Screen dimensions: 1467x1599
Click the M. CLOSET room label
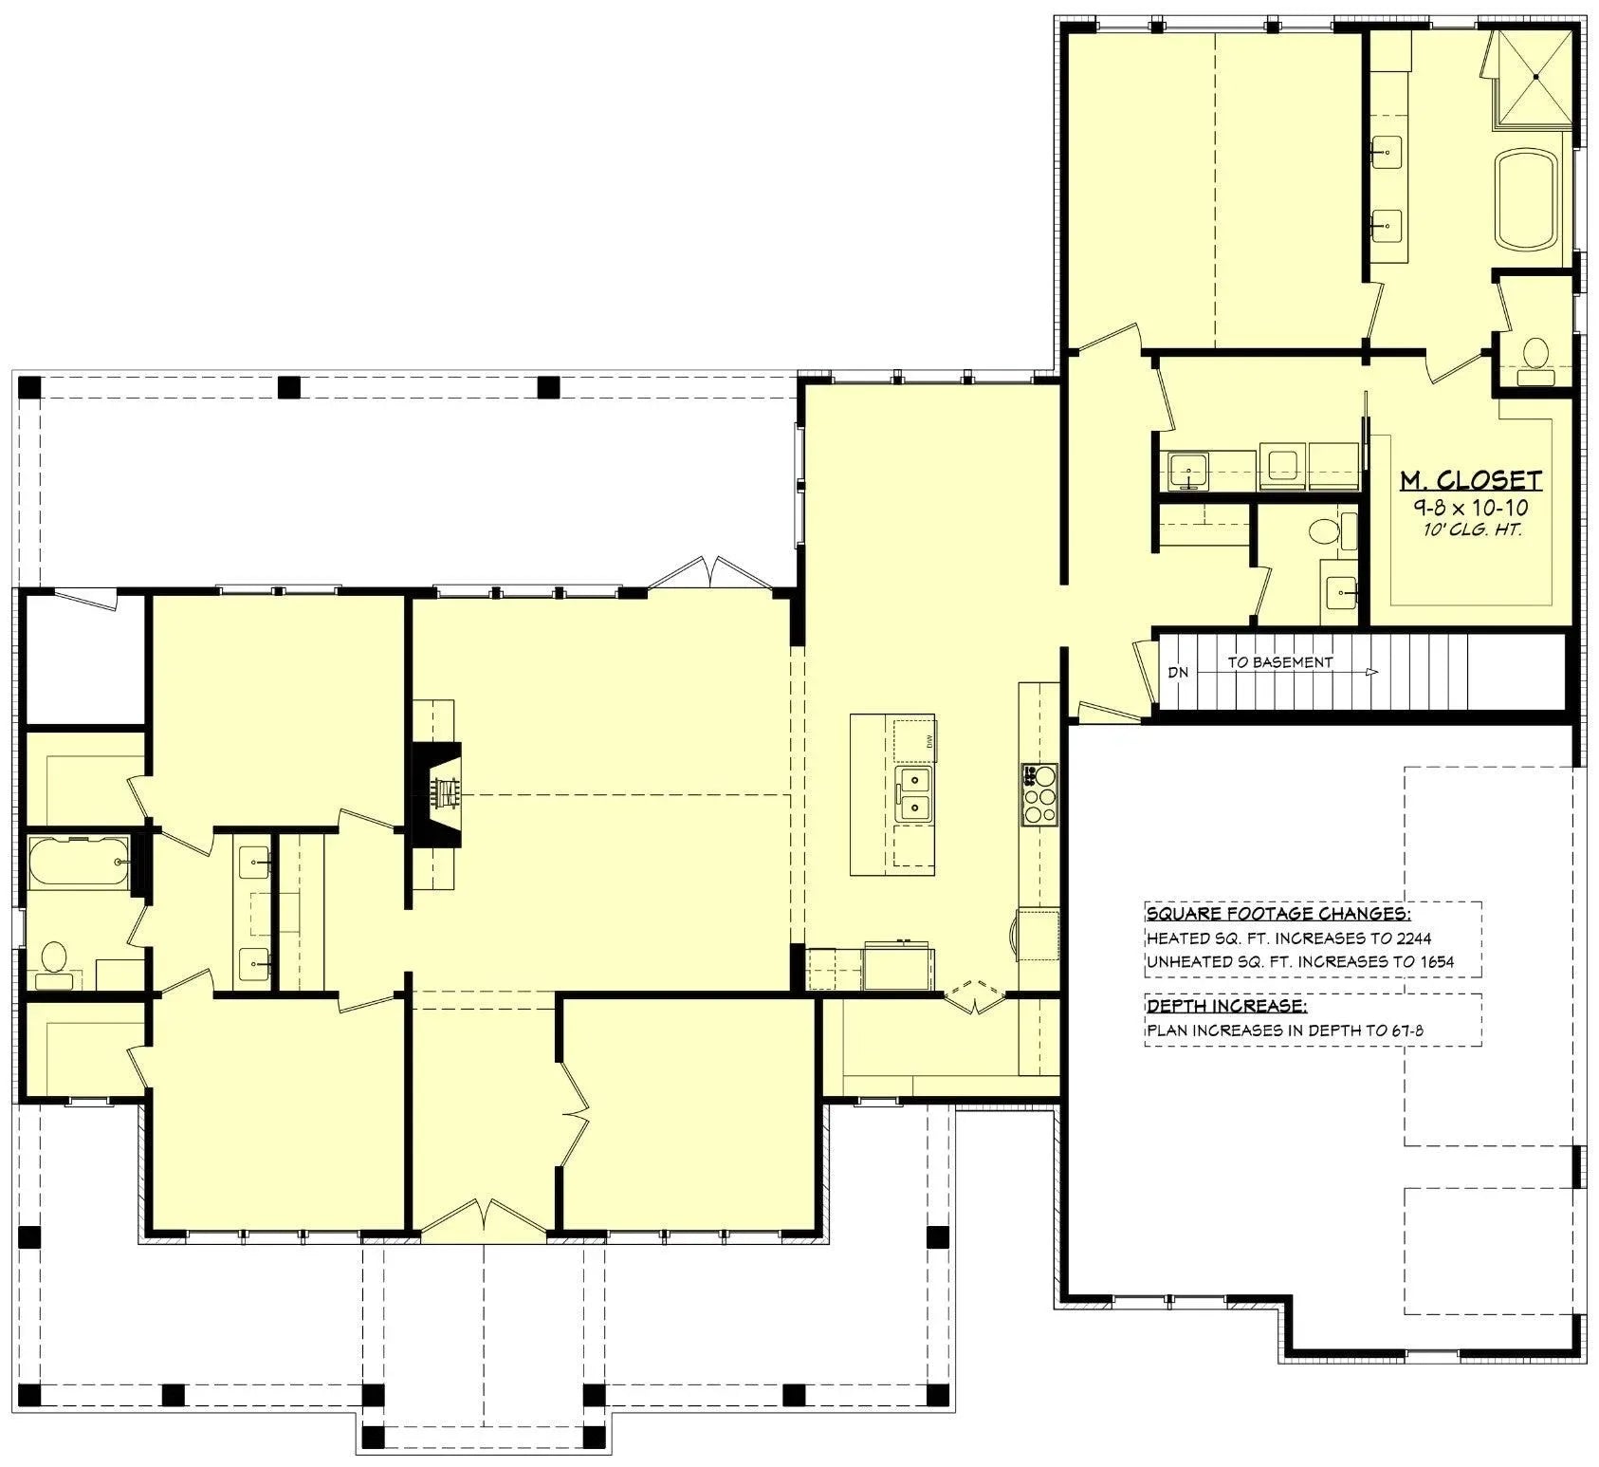(1471, 480)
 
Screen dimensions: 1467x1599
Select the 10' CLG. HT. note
(1472, 530)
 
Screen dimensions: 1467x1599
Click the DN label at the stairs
(1178, 672)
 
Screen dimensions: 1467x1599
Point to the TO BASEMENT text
(1280, 662)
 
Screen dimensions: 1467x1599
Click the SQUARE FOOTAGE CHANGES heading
(1277, 914)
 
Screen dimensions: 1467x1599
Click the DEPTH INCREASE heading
(1225, 1006)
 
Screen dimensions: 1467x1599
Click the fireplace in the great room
(438, 793)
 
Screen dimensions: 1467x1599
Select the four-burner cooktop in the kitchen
(1039, 793)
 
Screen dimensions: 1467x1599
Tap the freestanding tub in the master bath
(1527, 201)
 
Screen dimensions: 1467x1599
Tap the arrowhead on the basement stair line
(1372, 672)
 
